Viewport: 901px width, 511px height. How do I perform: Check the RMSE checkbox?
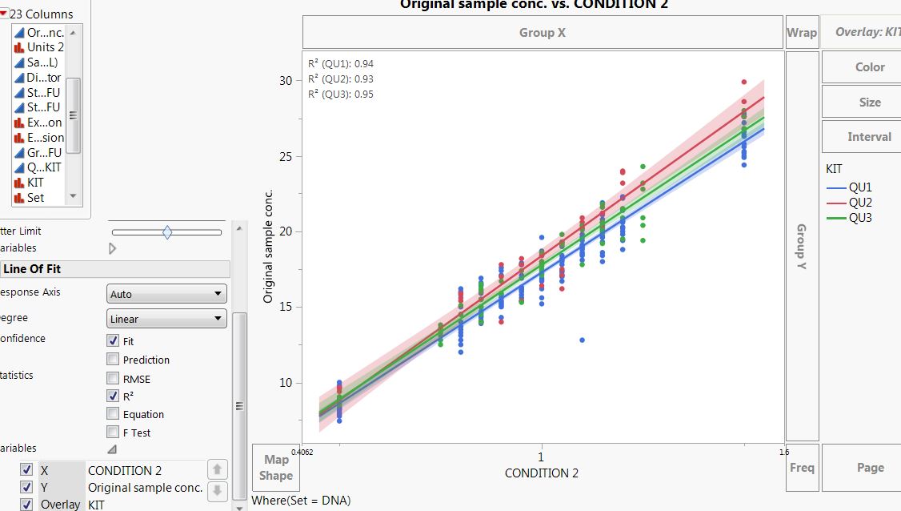point(113,379)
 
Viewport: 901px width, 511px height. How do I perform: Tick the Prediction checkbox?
point(113,360)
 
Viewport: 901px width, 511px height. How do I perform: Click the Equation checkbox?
point(113,414)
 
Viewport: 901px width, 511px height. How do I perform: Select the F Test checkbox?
point(113,433)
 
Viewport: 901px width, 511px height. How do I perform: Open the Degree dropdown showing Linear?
point(166,319)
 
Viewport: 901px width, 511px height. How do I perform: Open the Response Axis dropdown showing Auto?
point(166,295)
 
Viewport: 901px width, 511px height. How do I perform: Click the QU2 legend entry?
point(860,203)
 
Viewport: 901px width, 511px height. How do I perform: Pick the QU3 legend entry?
point(860,218)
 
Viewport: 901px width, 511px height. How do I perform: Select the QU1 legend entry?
point(860,187)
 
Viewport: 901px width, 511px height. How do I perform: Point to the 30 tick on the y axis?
point(286,80)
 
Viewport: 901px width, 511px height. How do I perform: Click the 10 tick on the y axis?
point(286,383)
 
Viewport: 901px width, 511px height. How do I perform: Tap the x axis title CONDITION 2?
point(542,473)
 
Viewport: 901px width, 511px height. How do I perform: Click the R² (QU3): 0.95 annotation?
point(341,95)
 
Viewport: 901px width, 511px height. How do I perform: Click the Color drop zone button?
point(869,67)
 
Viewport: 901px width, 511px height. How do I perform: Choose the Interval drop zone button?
point(869,137)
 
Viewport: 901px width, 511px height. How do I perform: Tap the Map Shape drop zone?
point(276,468)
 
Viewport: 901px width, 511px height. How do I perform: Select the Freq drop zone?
point(802,468)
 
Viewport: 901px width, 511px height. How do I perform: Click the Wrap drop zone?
point(802,33)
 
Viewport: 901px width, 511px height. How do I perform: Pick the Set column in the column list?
point(36,197)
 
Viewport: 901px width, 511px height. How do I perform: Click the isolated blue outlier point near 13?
point(583,340)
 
